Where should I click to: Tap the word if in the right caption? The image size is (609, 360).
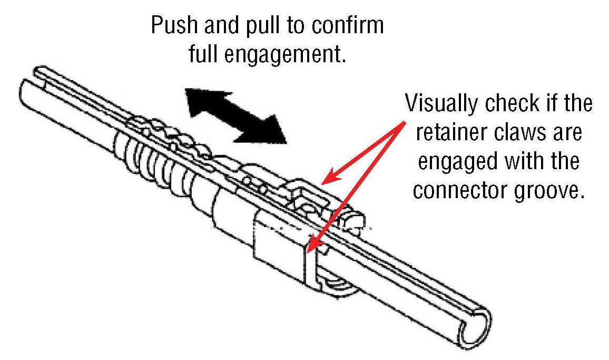tap(548, 103)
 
